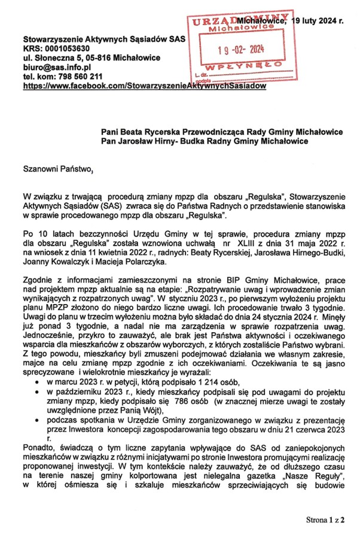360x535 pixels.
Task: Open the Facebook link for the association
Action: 144,86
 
